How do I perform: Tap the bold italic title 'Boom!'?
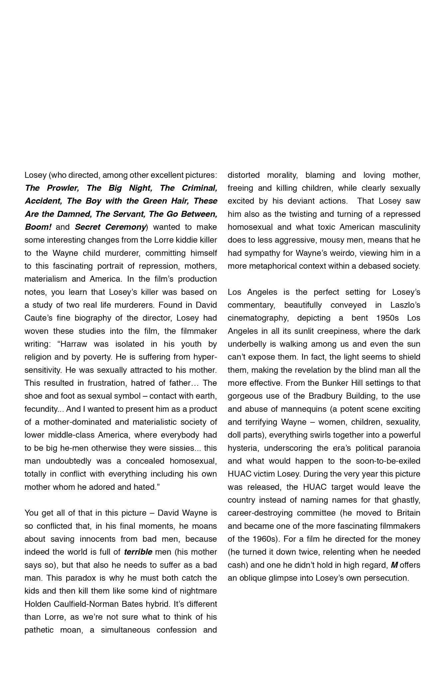38,227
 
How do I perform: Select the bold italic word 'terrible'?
138,552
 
